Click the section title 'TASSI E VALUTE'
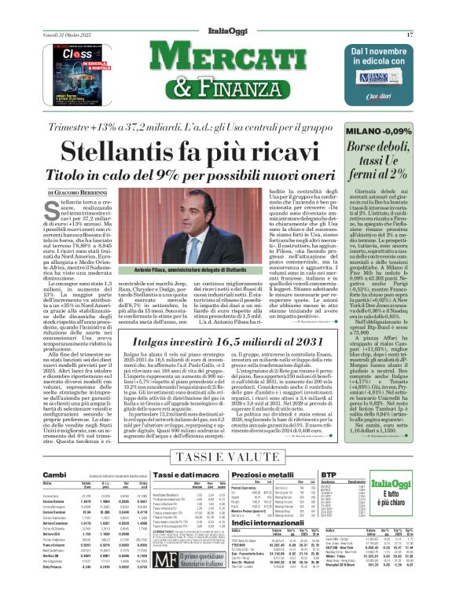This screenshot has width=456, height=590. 227,456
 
